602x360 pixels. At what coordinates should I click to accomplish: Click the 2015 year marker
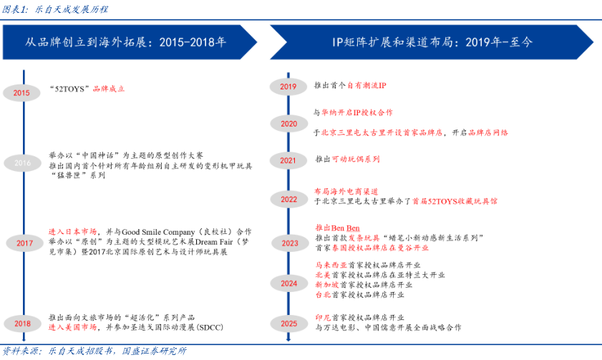point(21,92)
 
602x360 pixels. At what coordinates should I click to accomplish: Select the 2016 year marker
point(22,163)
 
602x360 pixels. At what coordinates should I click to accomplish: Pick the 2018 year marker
point(22,323)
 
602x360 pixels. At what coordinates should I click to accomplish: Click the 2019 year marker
point(288,87)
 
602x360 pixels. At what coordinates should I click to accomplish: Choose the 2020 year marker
point(288,124)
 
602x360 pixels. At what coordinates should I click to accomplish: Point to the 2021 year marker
point(288,160)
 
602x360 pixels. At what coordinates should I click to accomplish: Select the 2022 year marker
point(288,200)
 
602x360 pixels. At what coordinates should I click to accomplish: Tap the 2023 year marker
point(288,243)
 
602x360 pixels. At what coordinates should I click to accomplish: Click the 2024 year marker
point(288,284)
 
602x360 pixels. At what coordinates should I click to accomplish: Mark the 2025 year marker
point(288,323)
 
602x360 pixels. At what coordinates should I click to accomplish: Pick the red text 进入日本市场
point(72,233)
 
